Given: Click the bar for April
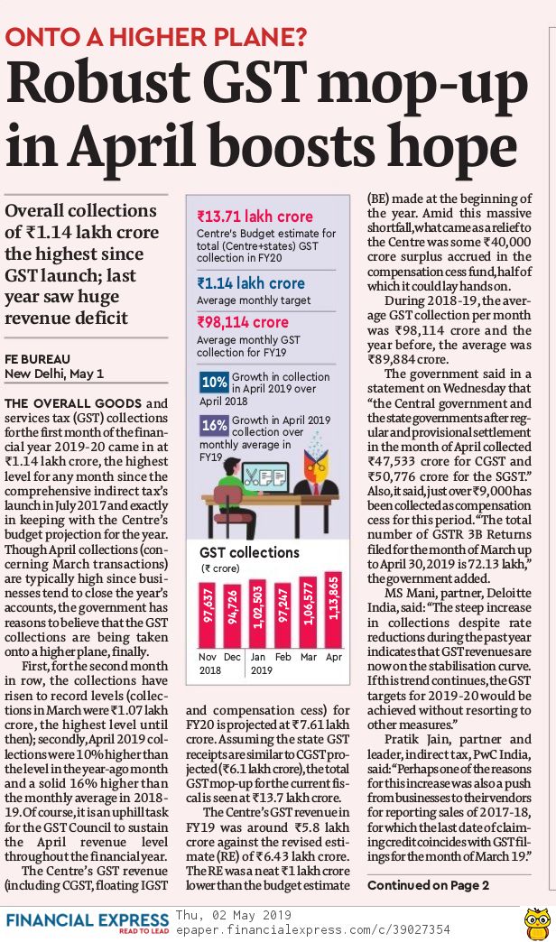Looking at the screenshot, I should (x=334, y=609).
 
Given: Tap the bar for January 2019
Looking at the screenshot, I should (x=258, y=614).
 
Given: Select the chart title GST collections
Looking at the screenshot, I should (x=248, y=552).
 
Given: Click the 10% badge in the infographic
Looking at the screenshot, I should (x=214, y=381).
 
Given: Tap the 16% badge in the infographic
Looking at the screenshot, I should (x=214, y=423).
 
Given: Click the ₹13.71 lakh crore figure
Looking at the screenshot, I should (x=255, y=217).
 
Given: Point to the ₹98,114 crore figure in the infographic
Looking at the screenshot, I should (x=243, y=321).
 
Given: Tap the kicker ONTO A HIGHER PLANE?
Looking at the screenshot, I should (x=155, y=37).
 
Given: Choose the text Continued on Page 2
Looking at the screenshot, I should (x=428, y=884).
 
